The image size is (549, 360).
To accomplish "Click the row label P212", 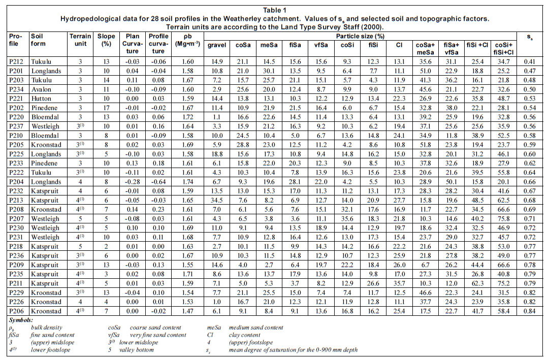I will point(16,61).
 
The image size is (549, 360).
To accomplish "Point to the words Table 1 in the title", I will point(274,10).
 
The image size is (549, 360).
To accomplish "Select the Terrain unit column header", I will point(80,40).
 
